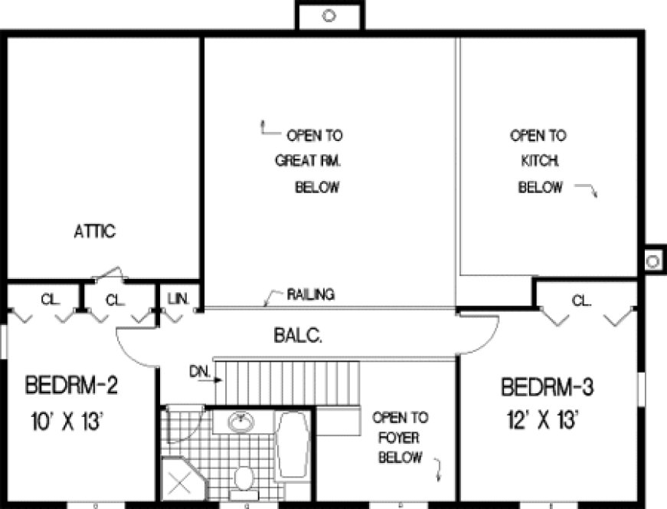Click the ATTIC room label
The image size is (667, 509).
(95, 231)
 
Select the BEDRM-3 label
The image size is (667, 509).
(547, 387)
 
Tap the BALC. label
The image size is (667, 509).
(292, 335)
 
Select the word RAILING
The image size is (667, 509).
(310, 294)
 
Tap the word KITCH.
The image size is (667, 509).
(538, 162)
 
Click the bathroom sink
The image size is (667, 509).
(243, 421)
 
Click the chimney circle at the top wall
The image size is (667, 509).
(329, 15)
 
